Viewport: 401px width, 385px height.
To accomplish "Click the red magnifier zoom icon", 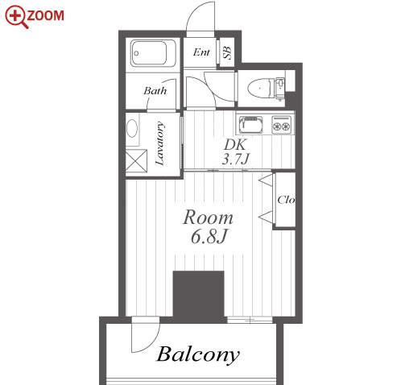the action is tap(16, 17).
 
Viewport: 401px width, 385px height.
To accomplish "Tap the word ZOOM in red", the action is tap(45, 15).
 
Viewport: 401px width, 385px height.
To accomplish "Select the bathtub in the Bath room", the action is tap(153, 53).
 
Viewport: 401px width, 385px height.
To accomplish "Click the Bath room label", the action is tap(155, 91).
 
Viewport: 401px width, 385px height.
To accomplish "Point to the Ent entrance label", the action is tap(201, 52).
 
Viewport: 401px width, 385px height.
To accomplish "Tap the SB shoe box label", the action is tap(227, 52).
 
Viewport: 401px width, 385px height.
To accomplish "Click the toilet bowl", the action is tap(260, 87).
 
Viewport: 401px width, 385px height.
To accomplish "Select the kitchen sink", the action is tap(251, 125).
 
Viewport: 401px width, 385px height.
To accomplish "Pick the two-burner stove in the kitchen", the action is tap(282, 125).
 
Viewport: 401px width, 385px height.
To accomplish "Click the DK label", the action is tap(234, 145).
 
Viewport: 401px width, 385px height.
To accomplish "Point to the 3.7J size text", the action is tap(236, 159).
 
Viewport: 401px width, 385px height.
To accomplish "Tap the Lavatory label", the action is tap(159, 143).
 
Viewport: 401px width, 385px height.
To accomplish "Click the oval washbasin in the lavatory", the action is tap(132, 128).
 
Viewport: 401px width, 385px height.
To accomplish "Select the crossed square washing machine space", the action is tap(136, 160).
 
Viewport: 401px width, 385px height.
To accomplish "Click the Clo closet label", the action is tap(286, 200).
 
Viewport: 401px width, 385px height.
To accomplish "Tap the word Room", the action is tap(208, 217).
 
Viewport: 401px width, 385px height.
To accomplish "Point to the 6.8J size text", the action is tap(209, 237).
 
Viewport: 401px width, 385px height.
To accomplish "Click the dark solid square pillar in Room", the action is tap(198, 296).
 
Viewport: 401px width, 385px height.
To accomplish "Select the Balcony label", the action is tap(198, 355).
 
